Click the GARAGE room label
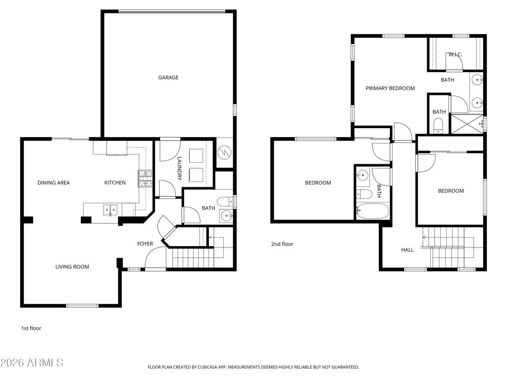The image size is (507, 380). pyautogui.click(x=168, y=78)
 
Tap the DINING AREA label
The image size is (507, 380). pyautogui.click(x=53, y=183)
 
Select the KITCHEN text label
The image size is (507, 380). pyautogui.click(x=115, y=183)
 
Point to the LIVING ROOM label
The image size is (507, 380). pyautogui.click(x=72, y=267)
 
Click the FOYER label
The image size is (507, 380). pyautogui.click(x=145, y=244)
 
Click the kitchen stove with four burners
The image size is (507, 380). pyautogui.click(x=145, y=179)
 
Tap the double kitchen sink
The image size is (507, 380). pyautogui.click(x=110, y=210)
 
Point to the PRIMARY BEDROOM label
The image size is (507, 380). pyautogui.click(x=390, y=89)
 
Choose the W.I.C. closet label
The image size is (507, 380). pyautogui.click(x=455, y=54)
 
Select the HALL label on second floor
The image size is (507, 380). pyautogui.click(x=407, y=250)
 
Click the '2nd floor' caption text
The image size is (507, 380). pyautogui.click(x=282, y=244)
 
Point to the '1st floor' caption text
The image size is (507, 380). pyautogui.click(x=31, y=328)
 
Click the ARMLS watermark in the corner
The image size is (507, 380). pyautogui.click(x=33, y=363)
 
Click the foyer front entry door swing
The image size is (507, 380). pyautogui.click(x=155, y=258)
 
